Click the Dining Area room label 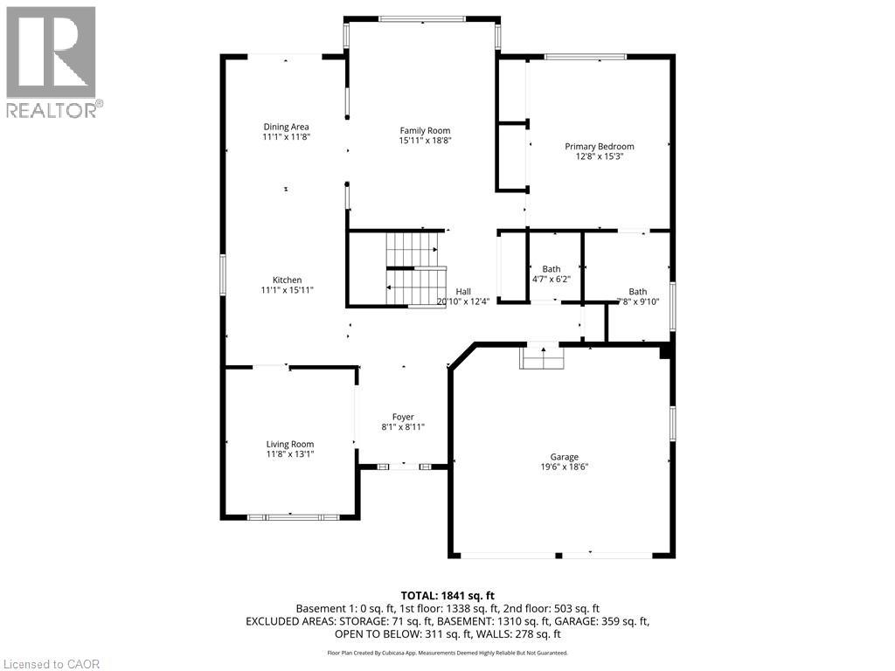(286, 127)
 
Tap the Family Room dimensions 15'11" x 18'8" (425, 140)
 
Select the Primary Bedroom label (599, 147)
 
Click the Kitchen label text (286, 280)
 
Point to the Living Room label (289, 444)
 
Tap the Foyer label (403, 417)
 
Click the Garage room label (564, 457)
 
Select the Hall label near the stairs (463, 292)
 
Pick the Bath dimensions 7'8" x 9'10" (638, 301)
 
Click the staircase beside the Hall (414, 267)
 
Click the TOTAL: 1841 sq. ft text (447, 595)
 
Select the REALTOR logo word (52, 110)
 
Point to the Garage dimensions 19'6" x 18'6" (564, 467)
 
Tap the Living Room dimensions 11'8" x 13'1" (289, 454)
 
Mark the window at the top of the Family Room (422, 18)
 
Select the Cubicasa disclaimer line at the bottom (447, 653)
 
